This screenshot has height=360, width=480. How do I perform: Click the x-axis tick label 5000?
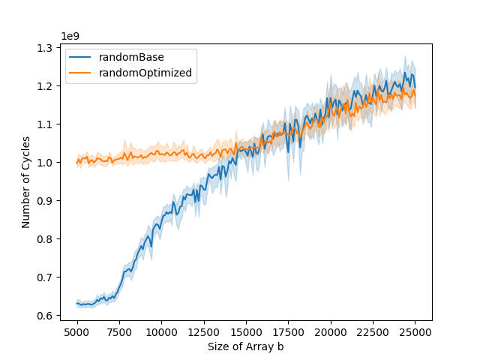[77, 332]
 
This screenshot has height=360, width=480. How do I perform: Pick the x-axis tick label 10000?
[162, 332]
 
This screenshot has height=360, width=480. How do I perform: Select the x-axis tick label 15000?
[247, 332]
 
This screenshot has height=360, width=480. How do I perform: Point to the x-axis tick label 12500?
[204, 332]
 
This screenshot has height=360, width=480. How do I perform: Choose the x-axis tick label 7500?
[119, 332]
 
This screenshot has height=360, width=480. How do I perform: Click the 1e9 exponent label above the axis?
[70, 35]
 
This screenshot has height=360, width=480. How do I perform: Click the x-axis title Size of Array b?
[246, 346]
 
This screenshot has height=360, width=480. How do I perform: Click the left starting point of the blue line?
[77, 304]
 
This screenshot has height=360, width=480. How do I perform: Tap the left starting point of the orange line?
[77, 162]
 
